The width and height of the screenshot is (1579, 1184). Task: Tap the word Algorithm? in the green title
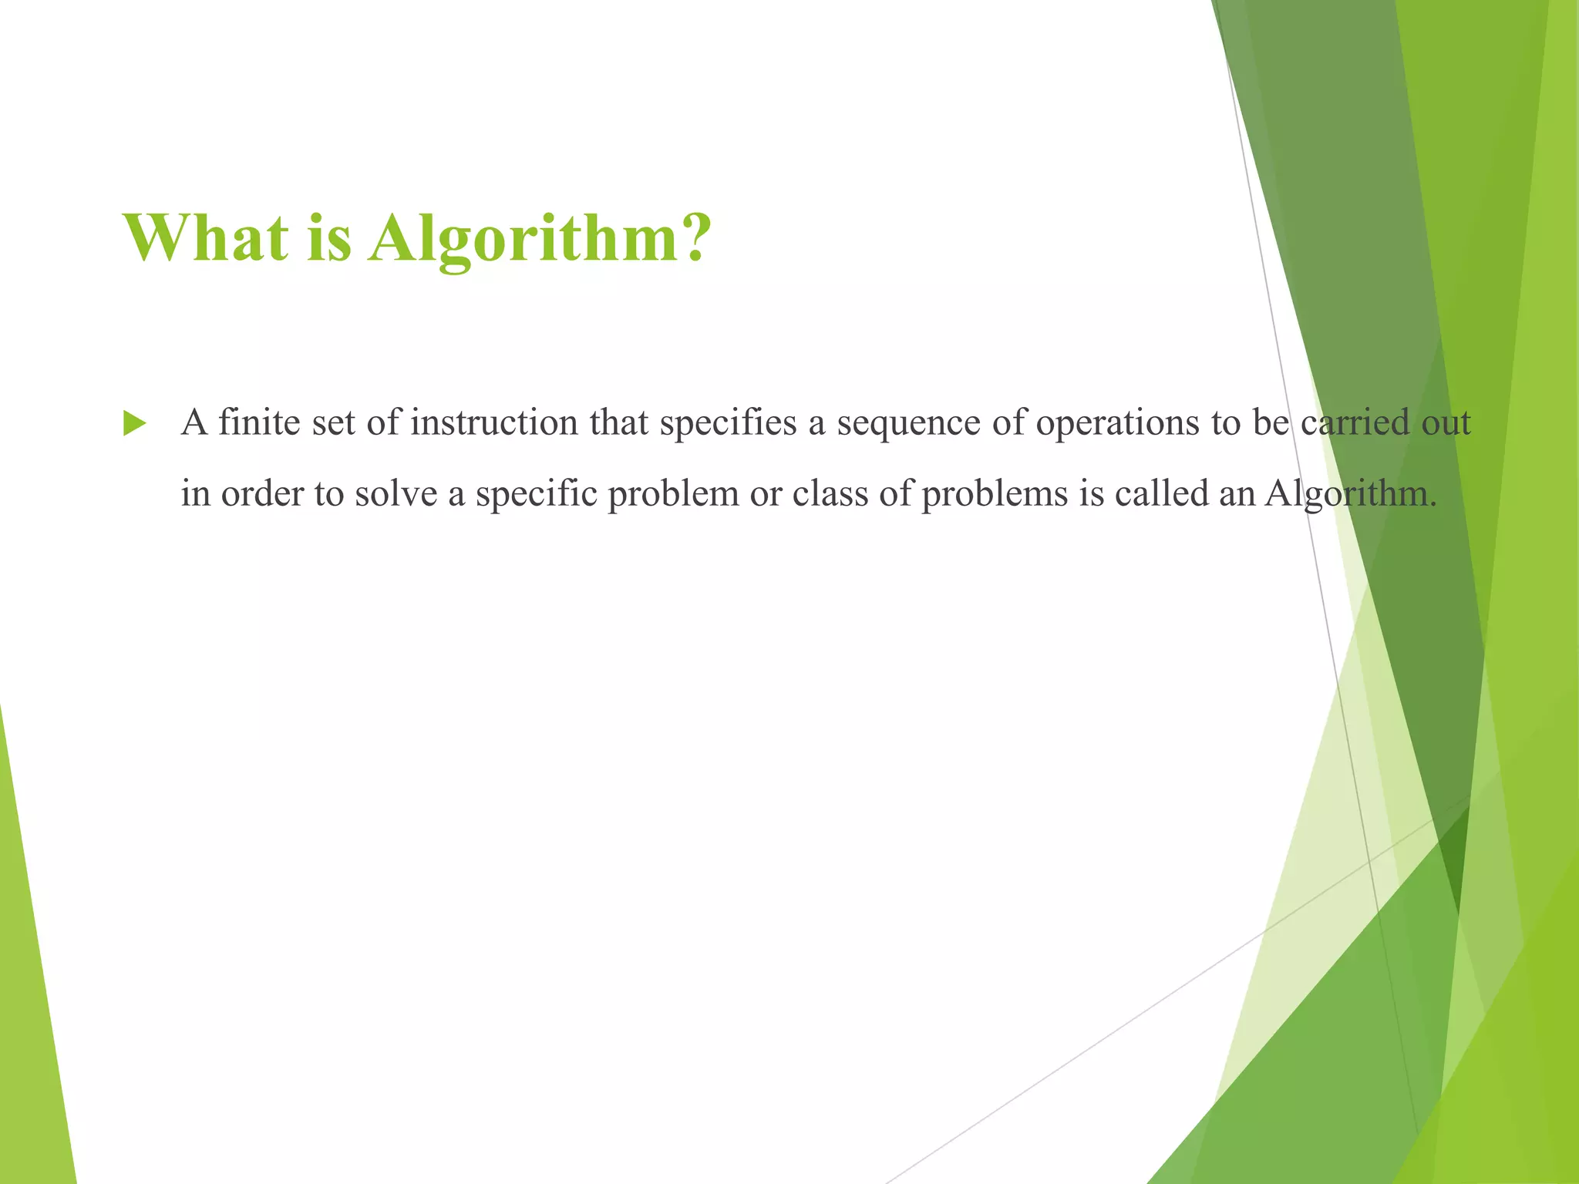point(537,239)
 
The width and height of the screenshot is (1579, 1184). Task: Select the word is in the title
point(329,237)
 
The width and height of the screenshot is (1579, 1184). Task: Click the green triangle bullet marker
point(134,424)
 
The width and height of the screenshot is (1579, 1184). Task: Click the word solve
point(396,493)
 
